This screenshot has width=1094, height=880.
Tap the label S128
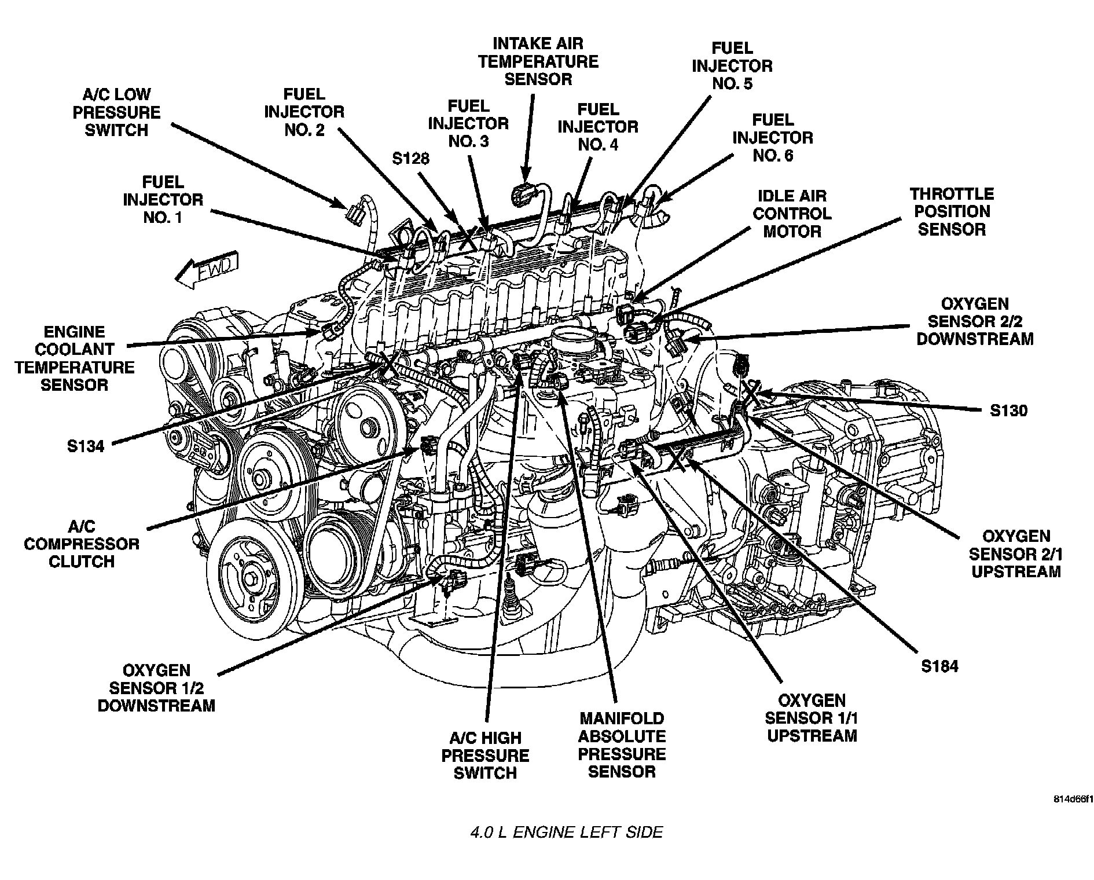pos(410,159)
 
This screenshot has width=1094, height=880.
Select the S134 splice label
pos(85,446)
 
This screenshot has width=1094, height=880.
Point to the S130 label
pos(1008,410)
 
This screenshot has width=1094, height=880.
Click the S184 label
pos(939,666)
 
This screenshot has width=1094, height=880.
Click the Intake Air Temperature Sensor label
pos(538,61)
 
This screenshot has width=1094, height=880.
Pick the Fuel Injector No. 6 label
pos(772,138)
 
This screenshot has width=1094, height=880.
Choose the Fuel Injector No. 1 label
pos(163,200)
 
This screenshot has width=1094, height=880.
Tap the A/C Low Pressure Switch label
pos(116,112)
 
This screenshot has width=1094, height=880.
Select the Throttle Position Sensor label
pos(952,211)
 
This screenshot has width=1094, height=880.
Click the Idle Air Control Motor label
pos(792,214)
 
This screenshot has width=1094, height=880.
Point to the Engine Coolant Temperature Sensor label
pos(75,358)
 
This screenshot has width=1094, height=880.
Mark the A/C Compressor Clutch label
pos(82,544)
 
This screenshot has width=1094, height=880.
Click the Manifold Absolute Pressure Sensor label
pos(622,745)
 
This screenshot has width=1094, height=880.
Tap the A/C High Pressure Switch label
pos(485,756)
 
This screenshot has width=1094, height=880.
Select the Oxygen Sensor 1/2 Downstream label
pos(156,688)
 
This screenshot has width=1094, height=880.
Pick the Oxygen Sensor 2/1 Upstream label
pos(1016,554)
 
